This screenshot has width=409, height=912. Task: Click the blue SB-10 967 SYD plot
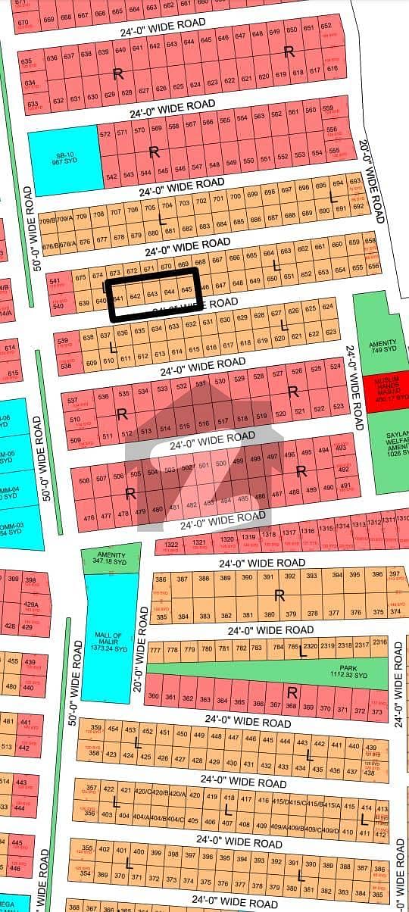click(x=64, y=158)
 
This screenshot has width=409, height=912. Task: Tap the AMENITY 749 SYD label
click(x=382, y=346)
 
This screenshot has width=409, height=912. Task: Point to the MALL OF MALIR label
click(x=108, y=639)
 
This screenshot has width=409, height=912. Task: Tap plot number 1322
click(x=170, y=545)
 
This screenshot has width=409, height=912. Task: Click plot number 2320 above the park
click(x=310, y=646)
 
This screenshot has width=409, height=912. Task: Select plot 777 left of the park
click(x=156, y=651)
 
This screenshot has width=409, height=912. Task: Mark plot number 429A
click(x=30, y=605)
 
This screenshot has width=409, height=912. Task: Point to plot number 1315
click(x=326, y=528)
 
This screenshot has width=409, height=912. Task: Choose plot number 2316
click(x=379, y=642)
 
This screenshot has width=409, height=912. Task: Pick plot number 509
click(x=75, y=440)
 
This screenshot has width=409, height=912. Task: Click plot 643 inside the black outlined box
click(x=151, y=293)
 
